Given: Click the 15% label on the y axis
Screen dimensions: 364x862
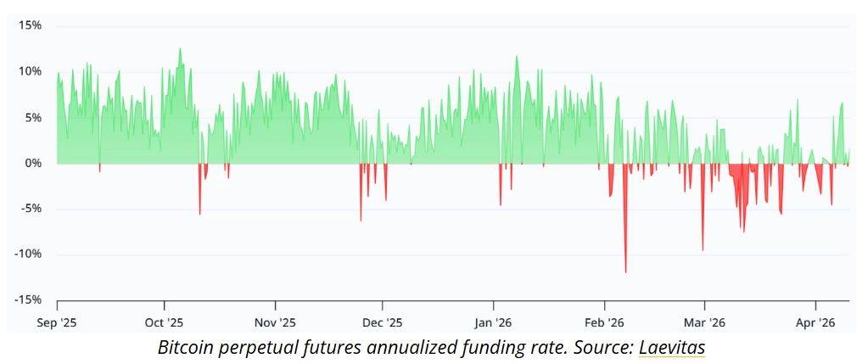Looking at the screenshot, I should point(31,25).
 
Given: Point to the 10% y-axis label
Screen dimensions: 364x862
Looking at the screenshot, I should point(31,71).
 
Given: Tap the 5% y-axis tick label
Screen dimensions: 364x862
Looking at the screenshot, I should point(33,117).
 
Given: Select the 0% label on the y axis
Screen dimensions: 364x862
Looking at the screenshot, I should point(33,163).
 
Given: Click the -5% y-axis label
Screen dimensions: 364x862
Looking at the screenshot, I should point(31,209).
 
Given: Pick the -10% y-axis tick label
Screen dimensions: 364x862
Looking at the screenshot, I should point(28,255).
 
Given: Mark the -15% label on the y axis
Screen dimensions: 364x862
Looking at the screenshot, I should point(28,300).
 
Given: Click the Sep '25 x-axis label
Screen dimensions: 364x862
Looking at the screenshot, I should point(58,322).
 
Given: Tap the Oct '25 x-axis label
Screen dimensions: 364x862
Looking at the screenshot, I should point(165,322).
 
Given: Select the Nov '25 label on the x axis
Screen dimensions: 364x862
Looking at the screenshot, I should point(276,322).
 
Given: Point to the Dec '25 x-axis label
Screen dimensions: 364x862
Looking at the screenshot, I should point(383,322).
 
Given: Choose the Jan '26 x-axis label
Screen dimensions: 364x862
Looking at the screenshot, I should point(494,322).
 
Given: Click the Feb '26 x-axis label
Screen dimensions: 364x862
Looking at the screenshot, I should point(605,322).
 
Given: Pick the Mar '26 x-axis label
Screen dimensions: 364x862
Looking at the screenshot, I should point(705,322).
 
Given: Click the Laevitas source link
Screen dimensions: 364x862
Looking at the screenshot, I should point(672,347).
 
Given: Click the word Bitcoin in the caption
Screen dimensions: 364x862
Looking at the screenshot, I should point(186,347).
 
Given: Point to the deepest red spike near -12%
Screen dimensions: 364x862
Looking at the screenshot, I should point(626,272).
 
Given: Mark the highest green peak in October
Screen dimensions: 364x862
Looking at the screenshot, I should point(180,49).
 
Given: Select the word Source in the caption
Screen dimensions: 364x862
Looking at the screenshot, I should point(604,347).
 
